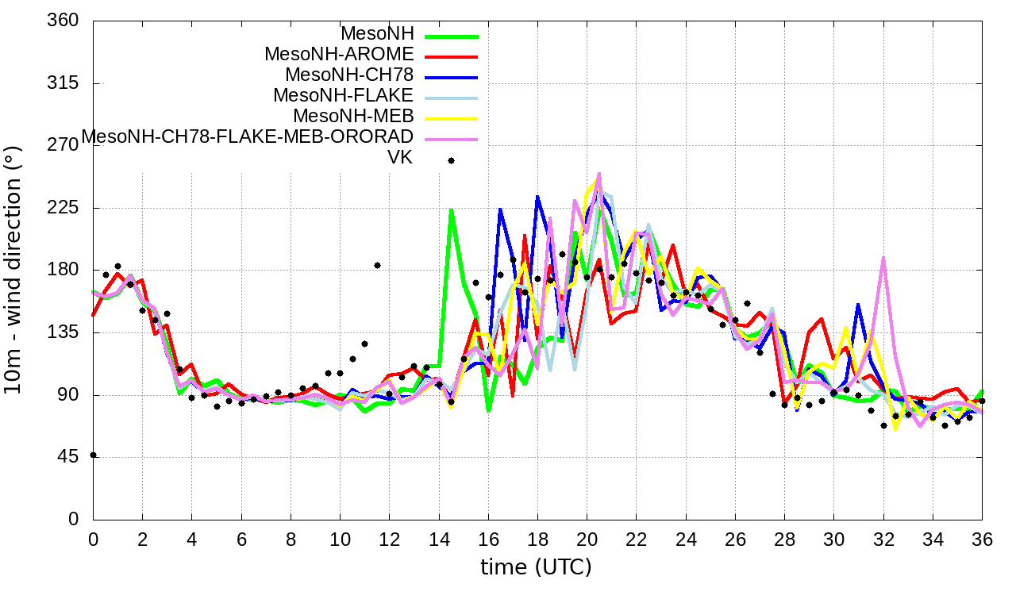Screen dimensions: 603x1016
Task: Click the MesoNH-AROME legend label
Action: click(339, 55)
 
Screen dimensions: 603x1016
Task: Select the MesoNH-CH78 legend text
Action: click(349, 75)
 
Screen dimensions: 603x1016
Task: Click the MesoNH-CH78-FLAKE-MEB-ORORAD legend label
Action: click(248, 136)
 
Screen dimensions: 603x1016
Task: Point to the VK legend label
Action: click(399, 157)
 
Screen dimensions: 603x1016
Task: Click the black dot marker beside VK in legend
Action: click(451, 160)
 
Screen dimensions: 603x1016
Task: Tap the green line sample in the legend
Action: click(451, 36)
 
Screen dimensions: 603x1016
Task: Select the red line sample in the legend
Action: click(451, 57)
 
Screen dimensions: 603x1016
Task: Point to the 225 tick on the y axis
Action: click(63, 208)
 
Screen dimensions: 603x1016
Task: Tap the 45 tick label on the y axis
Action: click(68, 457)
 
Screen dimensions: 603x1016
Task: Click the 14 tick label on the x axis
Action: click(439, 538)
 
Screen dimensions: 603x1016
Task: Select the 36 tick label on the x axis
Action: click(982, 538)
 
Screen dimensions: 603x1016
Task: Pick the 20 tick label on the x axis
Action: click(587, 538)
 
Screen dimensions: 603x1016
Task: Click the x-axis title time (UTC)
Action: click(536, 567)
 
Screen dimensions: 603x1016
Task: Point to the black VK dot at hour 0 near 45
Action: click(94, 455)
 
